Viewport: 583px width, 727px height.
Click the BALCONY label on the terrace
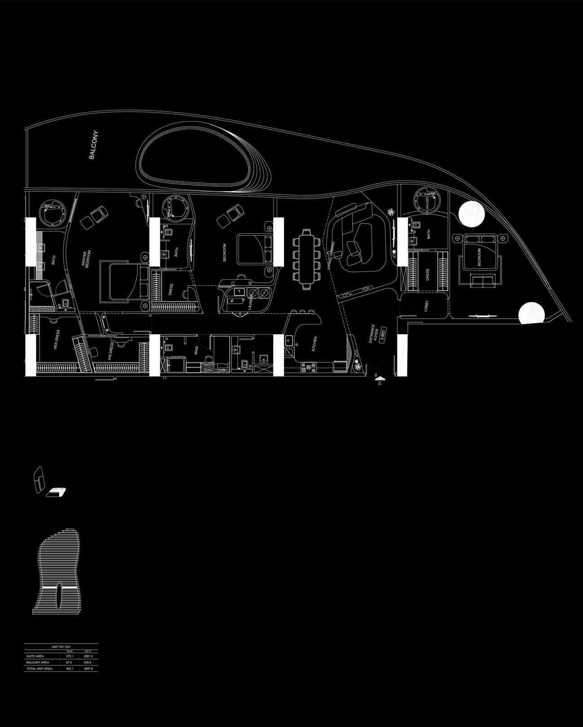93,145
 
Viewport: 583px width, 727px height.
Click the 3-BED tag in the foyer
383,335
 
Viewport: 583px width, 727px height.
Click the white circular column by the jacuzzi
471,215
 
